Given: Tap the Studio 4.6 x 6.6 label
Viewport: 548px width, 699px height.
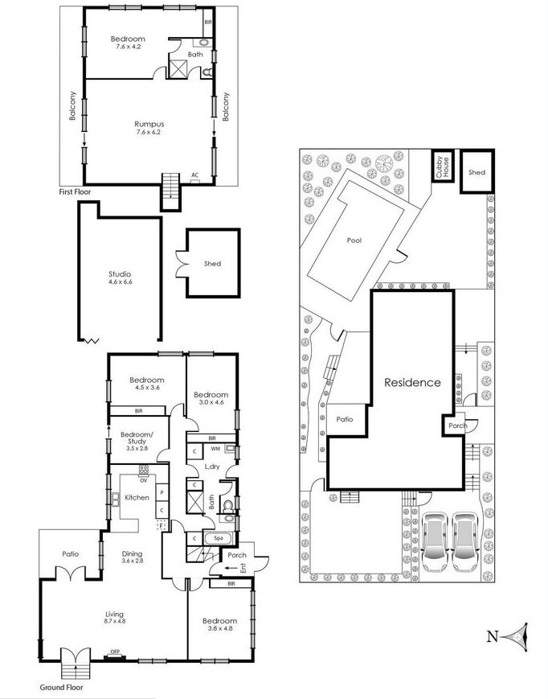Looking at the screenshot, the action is (x=121, y=278).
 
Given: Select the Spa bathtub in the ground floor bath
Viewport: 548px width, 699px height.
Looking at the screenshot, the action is (x=218, y=538).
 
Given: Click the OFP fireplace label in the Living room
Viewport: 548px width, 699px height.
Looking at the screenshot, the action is (x=115, y=652).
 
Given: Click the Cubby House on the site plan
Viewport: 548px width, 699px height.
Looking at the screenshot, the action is (x=443, y=166).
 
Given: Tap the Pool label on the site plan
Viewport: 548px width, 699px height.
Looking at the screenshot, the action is (x=354, y=241).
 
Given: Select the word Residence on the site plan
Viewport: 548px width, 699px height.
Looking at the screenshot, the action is (x=412, y=383).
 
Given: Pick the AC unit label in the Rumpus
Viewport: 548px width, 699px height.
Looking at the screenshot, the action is (x=194, y=175).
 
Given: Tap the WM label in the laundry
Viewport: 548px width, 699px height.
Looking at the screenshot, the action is (x=215, y=448).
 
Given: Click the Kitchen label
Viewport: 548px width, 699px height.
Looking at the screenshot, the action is (x=137, y=497).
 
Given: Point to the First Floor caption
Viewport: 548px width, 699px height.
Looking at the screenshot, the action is (x=75, y=191).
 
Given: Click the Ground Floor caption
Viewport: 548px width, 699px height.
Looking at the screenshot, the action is (x=61, y=688).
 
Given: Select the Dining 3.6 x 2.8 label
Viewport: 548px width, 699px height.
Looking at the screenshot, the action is (x=133, y=557).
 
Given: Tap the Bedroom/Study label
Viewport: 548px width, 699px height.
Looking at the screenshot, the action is (x=137, y=438).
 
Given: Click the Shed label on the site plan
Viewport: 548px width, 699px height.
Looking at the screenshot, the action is (x=476, y=172).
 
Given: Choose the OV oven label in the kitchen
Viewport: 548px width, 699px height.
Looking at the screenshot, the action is (x=143, y=481).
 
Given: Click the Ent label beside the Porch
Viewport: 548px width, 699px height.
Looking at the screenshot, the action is (x=243, y=568).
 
